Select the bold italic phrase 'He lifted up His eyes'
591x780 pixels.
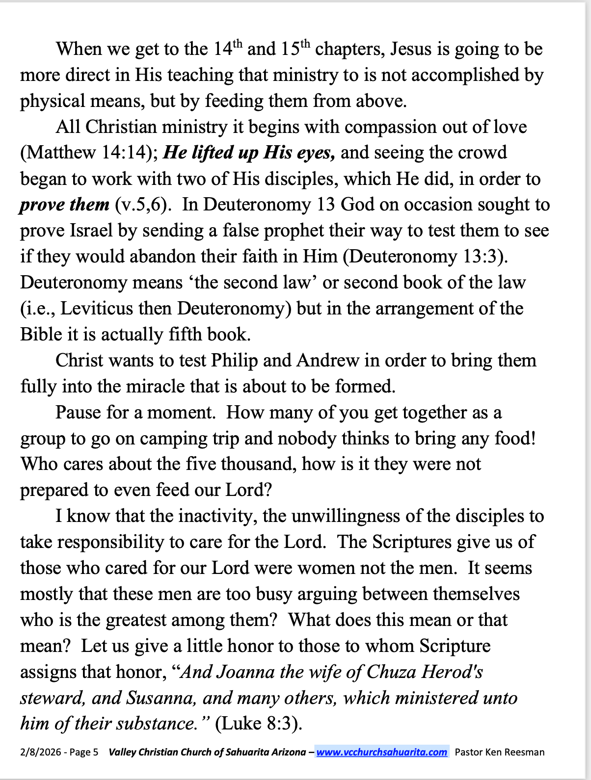tap(249, 153)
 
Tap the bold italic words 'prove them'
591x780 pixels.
tap(64, 205)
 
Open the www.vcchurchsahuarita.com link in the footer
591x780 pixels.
tap(381, 753)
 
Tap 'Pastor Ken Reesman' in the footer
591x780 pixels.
tap(499, 753)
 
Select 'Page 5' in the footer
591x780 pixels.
tap(83, 753)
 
